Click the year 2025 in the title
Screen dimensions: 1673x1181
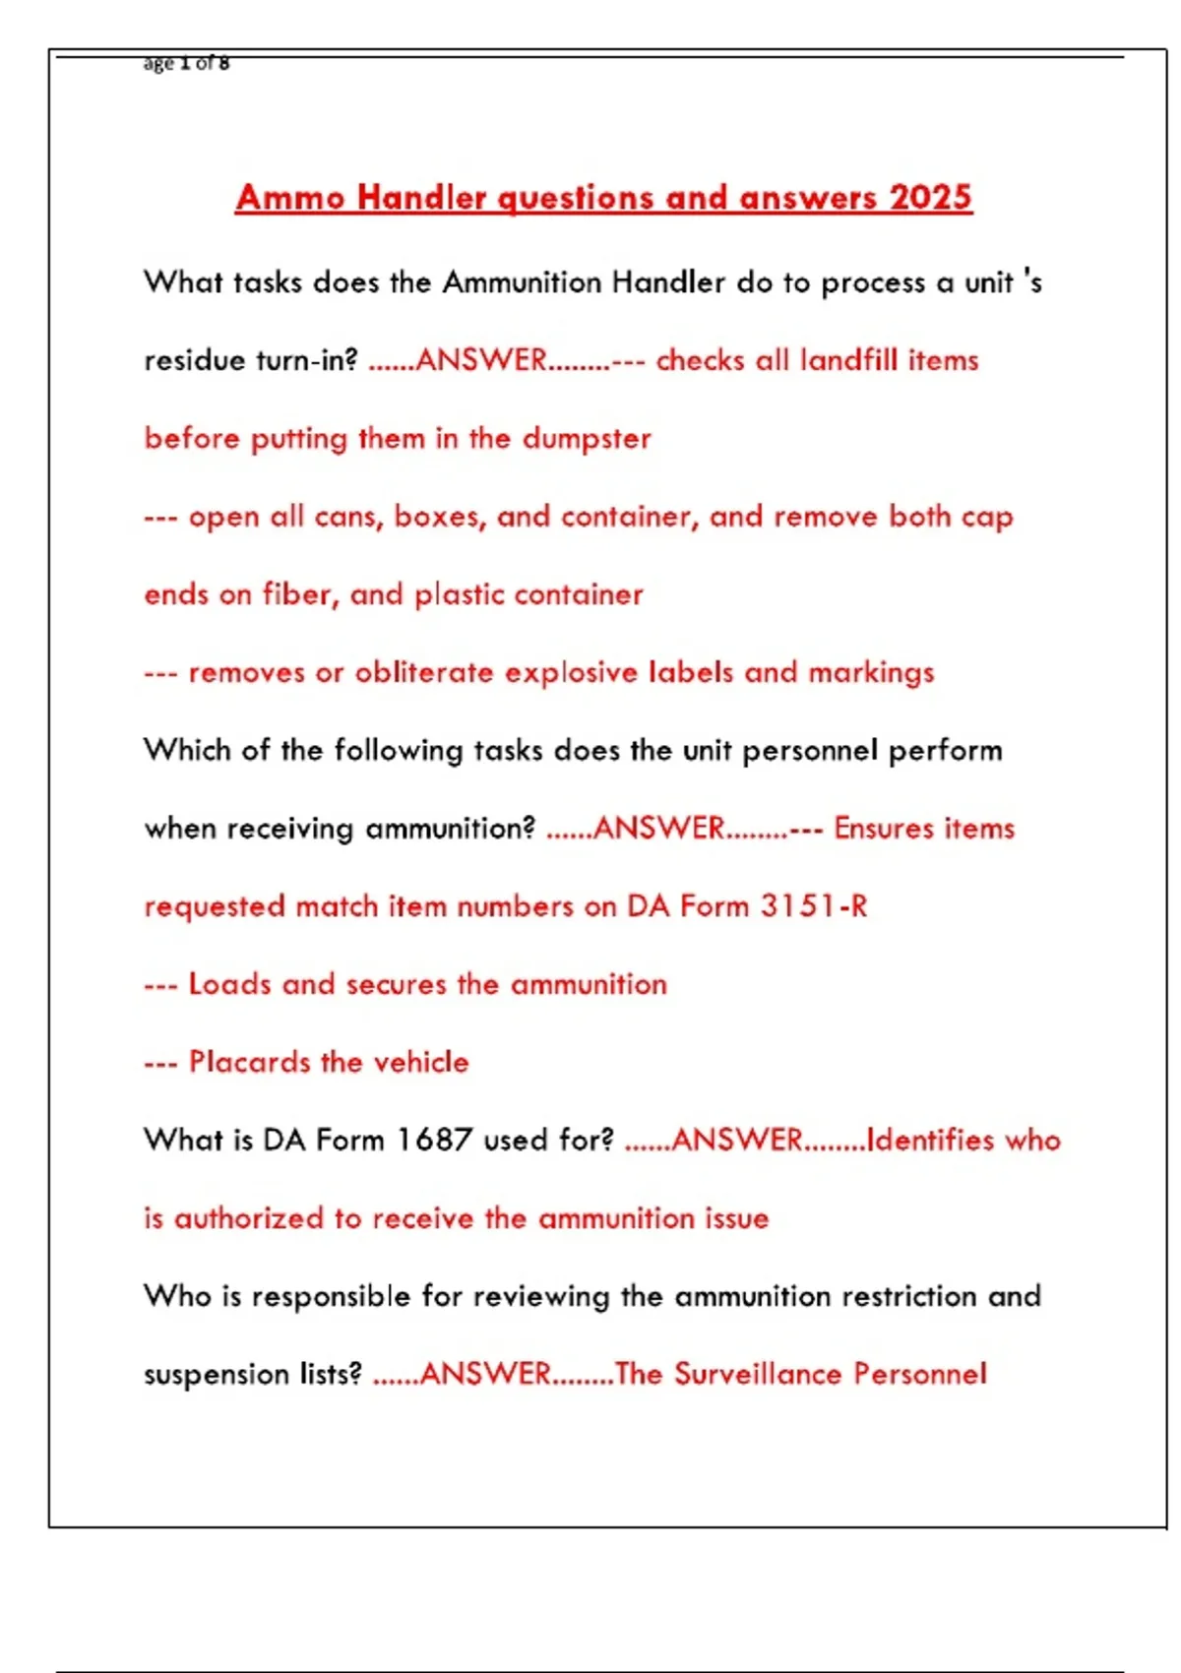[x=930, y=197]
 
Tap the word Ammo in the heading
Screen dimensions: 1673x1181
[x=290, y=197]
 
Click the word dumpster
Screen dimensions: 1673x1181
[x=587, y=438]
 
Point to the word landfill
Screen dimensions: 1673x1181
[x=848, y=360]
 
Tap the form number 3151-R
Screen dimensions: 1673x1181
[x=814, y=905]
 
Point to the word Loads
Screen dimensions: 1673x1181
[x=229, y=984]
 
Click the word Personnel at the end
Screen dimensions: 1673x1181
[x=919, y=1374]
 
